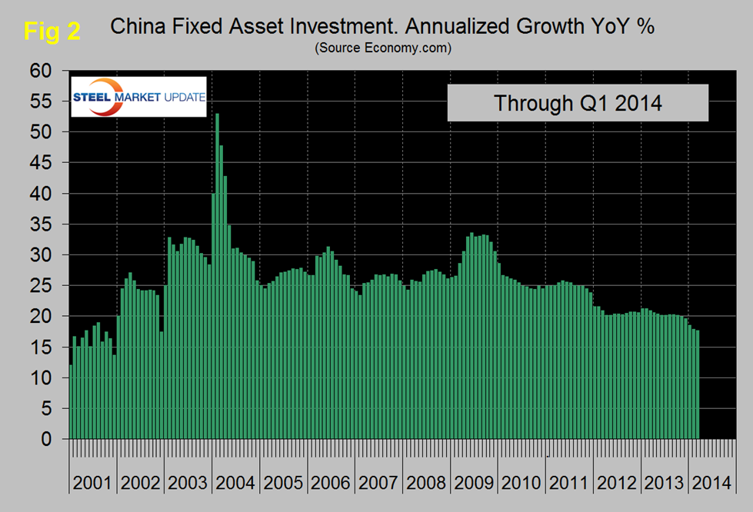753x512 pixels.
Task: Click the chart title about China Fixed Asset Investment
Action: coord(382,28)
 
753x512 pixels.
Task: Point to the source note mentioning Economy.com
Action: coord(382,48)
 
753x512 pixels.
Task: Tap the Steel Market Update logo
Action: coord(138,97)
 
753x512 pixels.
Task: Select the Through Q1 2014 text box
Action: coord(578,102)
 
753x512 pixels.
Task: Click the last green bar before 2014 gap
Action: coord(697,384)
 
